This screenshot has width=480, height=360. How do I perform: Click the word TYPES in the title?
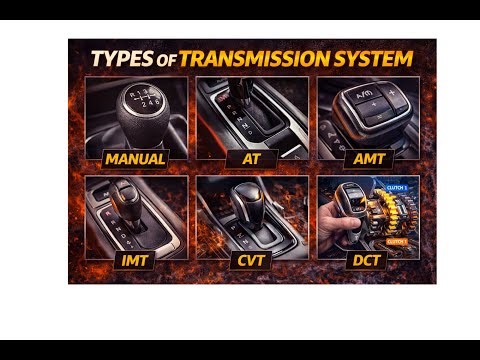tap(120, 59)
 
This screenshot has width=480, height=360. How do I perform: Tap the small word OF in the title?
tap(166, 60)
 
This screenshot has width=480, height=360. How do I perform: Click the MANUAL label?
tap(135, 157)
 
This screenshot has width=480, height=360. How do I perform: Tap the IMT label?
tap(134, 261)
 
